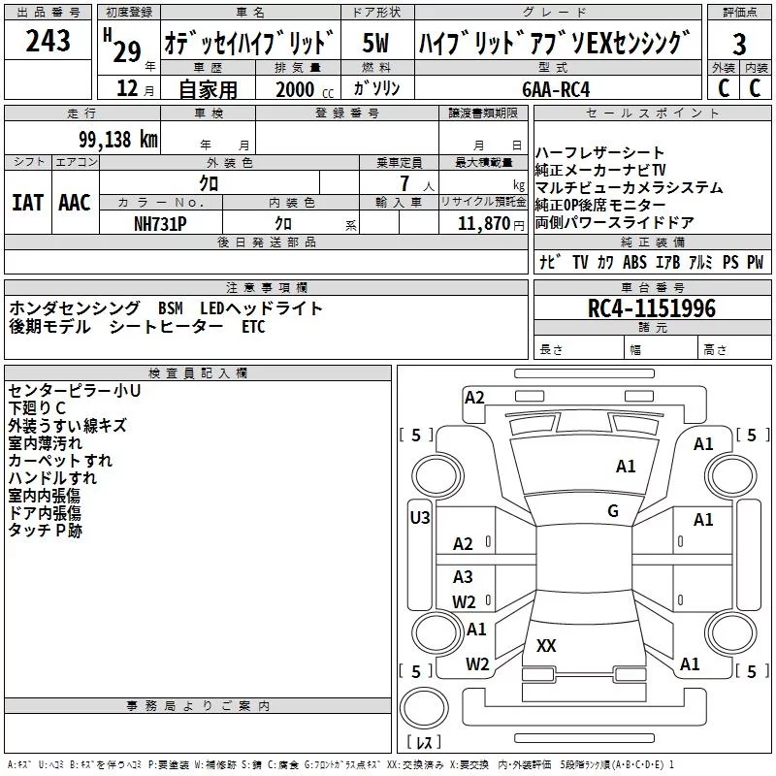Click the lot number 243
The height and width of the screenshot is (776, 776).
pos(48,42)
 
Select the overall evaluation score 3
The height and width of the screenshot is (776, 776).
pos(739,44)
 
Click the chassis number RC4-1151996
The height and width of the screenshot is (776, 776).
pos(651,308)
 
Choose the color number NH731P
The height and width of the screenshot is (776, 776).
pos(160,222)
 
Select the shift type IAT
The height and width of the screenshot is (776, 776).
pos(27,203)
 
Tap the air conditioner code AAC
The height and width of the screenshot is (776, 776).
pos(74,203)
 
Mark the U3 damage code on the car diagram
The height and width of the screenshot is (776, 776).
pos(419,518)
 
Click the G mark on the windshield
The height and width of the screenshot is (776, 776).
pos(613,511)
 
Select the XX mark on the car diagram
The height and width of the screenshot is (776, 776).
pos(546,645)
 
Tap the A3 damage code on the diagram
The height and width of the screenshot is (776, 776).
pos(463,577)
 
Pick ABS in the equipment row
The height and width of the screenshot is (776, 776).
pos(634,262)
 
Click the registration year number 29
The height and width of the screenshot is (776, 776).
pos(126,50)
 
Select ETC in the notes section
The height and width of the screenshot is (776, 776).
pos(253,327)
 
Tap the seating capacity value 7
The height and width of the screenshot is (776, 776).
pos(403,184)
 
